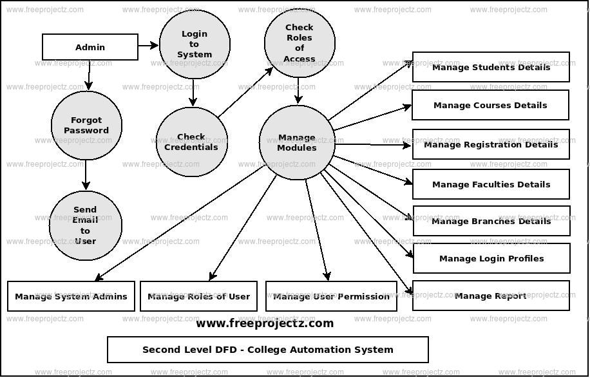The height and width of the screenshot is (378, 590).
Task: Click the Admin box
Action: click(x=90, y=47)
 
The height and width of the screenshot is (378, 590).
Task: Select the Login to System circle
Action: click(x=195, y=44)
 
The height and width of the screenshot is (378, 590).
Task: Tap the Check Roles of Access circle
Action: click(x=300, y=43)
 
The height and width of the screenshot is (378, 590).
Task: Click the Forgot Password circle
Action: click(x=86, y=125)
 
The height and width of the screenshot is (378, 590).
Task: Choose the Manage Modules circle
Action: click(x=297, y=142)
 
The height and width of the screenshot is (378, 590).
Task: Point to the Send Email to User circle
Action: click(x=85, y=225)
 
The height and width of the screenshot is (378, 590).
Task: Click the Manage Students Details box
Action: click(x=491, y=67)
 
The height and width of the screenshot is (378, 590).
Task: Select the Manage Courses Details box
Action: click(x=490, y=105)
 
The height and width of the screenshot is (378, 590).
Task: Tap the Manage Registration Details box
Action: click(x=491, y=144)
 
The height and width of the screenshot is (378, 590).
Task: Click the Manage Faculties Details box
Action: click(x=491, y=184)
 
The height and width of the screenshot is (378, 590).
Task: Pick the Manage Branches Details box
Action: click(x=491, y=221)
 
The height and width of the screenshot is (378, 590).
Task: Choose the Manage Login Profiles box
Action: click(x=491, y=258)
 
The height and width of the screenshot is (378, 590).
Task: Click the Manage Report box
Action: click(x=491, y=296)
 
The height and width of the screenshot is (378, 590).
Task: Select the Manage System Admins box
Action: click(x=71, y=296)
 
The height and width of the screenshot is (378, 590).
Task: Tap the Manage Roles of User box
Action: click(x=198, y=296)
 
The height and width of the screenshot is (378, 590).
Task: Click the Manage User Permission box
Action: click(x=331, y=296)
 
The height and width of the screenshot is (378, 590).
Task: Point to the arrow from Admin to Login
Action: click(x=148, y=45)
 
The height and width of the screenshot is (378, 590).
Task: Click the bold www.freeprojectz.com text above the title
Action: click(x=265, y=323)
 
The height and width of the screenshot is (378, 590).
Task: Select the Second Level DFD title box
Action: click(x=267, y=350)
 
